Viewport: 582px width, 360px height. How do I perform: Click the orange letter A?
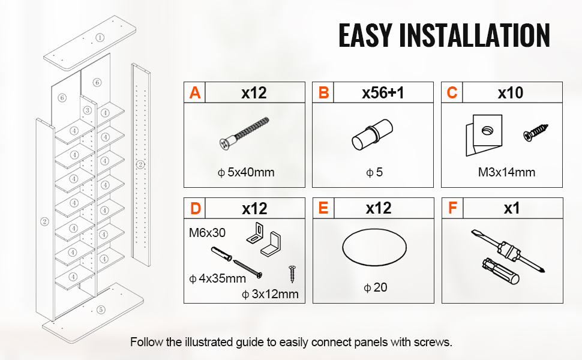(x=195, y=93)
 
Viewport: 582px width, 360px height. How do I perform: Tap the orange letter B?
(x=323, y=93)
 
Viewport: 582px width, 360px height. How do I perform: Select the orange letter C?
(x=452, y=93)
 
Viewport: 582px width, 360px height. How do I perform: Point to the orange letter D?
(x=195, y=209)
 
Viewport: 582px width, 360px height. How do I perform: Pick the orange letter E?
(x=323, y=208)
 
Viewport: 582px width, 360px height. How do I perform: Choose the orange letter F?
(x=452, y=208)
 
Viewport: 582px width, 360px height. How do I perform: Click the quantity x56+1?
(x=383, y=93)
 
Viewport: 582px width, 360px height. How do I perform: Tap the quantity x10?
(x=511, y=93)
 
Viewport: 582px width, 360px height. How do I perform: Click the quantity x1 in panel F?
(x=511, y=209)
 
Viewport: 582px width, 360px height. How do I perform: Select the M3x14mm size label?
(x=506, y=172)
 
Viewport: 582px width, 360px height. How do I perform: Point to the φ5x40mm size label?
(x=246, y=172)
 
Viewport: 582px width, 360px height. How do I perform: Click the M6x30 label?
(x=207, y=233)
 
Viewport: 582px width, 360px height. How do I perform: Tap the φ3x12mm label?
(x=270, y=294)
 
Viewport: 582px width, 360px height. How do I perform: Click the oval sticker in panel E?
(x=374, y=231)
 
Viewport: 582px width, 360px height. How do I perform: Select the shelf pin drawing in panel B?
(x=372, y=134)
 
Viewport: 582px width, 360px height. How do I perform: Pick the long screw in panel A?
(x=244, y=134)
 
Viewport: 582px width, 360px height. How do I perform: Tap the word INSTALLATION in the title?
(x=475, y=35)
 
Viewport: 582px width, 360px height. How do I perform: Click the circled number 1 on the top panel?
(x=100, y=37)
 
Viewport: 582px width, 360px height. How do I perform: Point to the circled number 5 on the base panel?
(x=101, y=310)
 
